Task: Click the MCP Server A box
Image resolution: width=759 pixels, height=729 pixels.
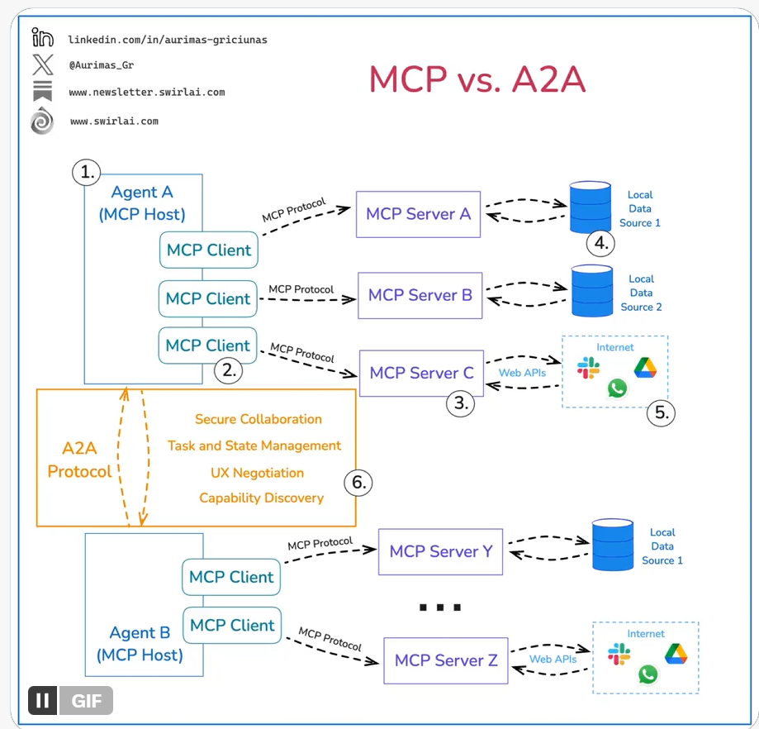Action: coord(418,214)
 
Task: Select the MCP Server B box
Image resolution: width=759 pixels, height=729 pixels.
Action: coord(420,295)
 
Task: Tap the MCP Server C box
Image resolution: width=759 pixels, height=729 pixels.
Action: coord(421,373)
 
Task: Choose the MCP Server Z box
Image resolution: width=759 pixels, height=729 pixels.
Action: coord(446,660)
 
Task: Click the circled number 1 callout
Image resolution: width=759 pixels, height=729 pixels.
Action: coord(86,173)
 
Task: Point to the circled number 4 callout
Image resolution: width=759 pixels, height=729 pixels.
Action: coord(601,243)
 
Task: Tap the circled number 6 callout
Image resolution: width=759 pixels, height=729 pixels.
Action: coord(358,483)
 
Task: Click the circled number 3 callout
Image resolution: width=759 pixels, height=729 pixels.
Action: coord(460,404)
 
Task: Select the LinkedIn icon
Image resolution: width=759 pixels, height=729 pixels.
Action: coord(42,37)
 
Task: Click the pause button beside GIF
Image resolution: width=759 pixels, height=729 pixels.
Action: coord(43,701)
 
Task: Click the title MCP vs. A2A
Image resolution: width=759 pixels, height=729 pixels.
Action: coord(477,79)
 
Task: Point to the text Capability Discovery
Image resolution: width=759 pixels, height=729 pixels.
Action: coord(261,498)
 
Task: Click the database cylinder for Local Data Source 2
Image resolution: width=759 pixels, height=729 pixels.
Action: coord(592,291)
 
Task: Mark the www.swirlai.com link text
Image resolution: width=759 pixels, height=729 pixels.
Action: coord(114,121)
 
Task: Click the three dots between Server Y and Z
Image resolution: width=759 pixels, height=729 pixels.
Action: coord(439,607)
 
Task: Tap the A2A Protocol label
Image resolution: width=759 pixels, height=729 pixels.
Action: coord(79,460)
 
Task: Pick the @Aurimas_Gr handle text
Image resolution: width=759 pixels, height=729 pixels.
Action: coord(102,64)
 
